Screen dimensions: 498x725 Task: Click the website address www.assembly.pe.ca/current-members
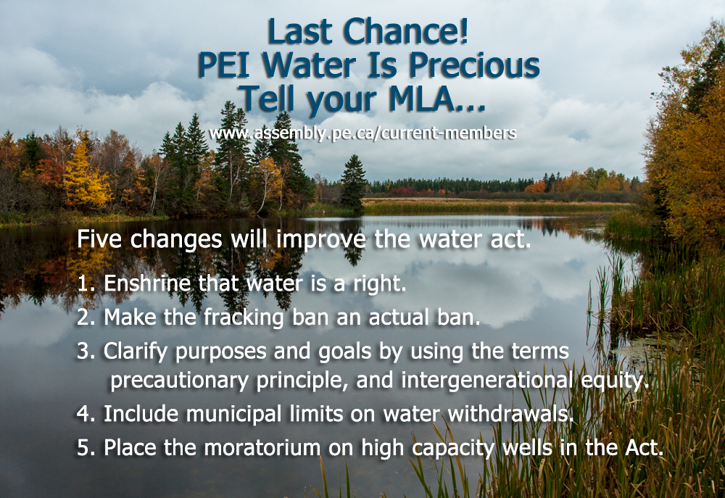click(362, 133)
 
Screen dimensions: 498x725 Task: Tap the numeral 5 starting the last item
click(83, 447)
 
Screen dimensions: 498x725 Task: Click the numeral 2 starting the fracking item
click(83, 317)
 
